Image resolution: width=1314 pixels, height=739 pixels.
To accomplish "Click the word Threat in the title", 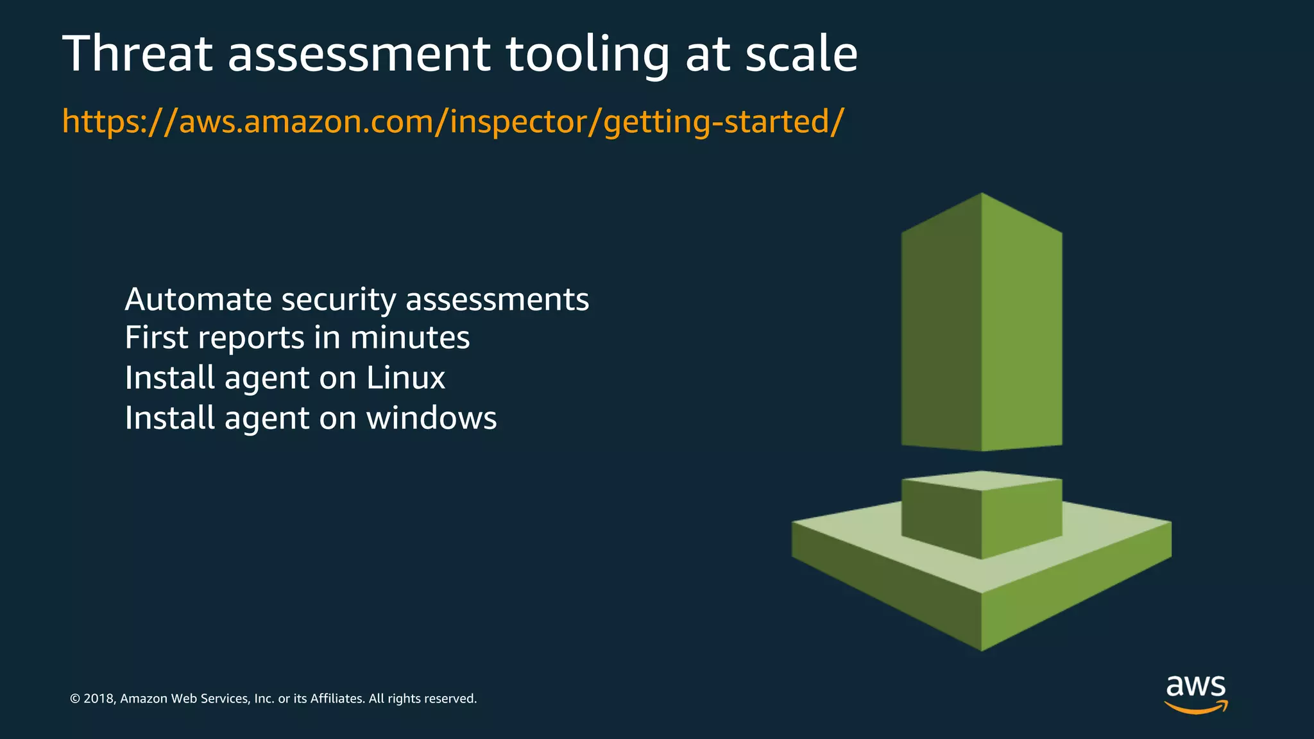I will [137, 54].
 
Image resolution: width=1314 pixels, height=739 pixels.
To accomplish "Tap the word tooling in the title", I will [587, 55].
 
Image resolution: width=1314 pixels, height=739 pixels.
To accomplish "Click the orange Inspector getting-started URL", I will [453, 122].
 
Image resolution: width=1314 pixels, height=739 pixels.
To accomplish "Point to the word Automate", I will [198, 300].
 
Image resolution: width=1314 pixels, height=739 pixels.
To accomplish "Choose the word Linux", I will [405, 378].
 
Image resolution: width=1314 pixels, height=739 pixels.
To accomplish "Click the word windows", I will [431, 418].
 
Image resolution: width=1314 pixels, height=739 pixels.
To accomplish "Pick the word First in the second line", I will [156, 338].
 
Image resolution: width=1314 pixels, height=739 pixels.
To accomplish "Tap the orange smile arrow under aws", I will [1196, 708].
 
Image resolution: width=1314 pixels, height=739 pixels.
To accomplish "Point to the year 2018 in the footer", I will [99, 699].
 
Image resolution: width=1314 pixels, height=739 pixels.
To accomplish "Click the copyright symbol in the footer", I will [75, 699].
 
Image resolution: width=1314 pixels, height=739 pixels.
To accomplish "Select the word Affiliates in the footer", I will [336, 699].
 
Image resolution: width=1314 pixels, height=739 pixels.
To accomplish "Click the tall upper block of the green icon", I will [982, 321].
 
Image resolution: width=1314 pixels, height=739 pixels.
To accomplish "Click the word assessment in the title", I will [359, 54].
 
